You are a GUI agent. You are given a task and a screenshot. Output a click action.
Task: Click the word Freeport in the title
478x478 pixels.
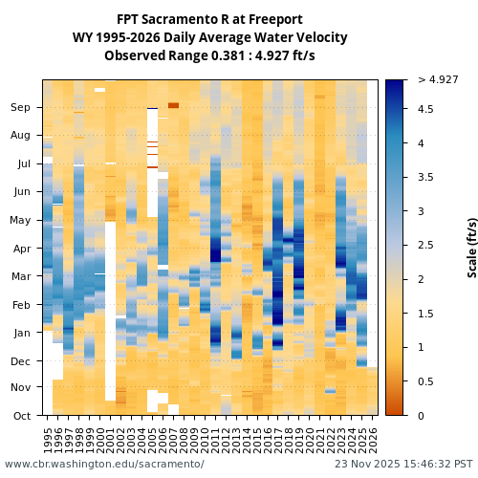click(273, 19)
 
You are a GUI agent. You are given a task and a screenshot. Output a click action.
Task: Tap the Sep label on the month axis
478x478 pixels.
click(21, 108)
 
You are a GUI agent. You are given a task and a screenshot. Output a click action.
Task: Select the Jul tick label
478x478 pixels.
click(24, 163)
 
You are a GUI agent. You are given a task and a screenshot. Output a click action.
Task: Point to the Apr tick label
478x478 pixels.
click(21, 249)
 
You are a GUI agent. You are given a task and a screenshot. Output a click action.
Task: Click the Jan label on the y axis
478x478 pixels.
click(21, 333)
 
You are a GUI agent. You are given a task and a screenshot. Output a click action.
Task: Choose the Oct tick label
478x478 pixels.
click(21, 415)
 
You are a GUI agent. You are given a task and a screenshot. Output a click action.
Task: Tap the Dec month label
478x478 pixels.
click(21, 361)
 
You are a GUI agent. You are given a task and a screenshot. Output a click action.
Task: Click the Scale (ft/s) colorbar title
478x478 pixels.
click(471, 247)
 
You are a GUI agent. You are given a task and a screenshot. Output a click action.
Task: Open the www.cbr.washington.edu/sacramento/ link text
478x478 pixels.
click(104, 464)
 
